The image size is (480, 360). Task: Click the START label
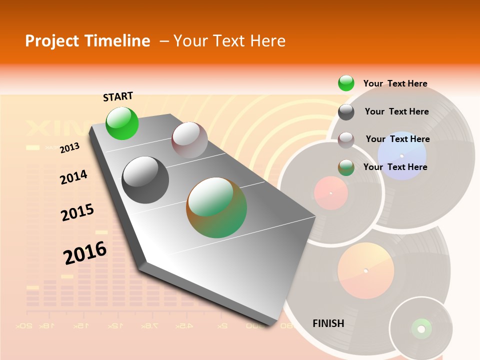(118, 96)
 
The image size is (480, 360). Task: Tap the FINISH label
(328, 323)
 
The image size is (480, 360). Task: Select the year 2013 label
(69, 148)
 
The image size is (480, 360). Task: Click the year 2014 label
(73, 177)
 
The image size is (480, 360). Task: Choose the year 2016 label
(85, 253)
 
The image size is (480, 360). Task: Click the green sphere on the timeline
(122, 123)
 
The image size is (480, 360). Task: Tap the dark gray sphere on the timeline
(145, 180)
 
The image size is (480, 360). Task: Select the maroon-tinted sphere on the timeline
(189, 140)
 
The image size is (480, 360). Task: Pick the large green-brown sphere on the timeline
(216, 207)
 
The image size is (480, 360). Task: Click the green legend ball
(346, 83)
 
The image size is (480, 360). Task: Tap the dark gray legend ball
(346, 112)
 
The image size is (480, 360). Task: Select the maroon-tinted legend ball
(346, 140)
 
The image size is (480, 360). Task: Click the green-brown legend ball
(346, 167)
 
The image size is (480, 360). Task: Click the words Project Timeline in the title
(87, 41)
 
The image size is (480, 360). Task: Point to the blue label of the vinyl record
(401, 155)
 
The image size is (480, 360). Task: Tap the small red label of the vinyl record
(330, 193)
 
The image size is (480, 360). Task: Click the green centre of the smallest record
(421, 328)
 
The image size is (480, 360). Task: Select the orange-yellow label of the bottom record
(365, 270)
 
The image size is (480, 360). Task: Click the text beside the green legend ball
(395, 83)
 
